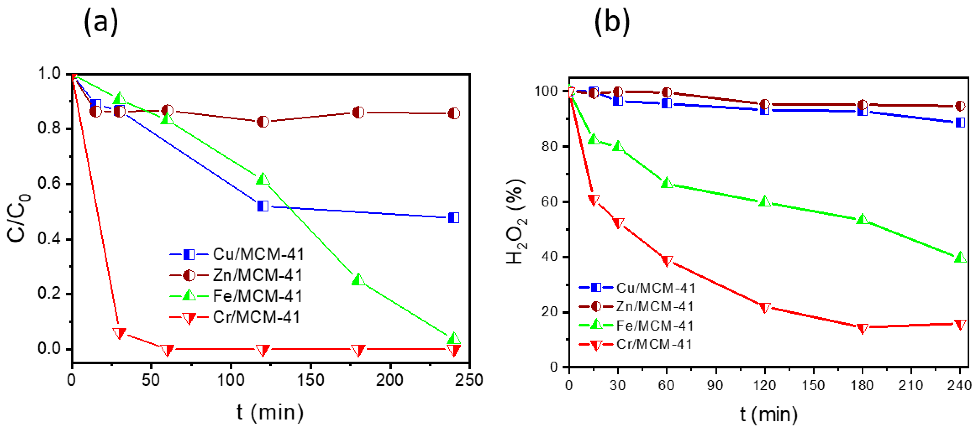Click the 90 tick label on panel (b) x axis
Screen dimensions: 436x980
(x=715, y=385)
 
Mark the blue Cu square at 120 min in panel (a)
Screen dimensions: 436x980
(x=263, y=206)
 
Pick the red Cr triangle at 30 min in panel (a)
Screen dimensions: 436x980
(x=120, y=333)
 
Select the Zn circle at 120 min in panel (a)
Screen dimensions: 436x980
(x=263, y=122)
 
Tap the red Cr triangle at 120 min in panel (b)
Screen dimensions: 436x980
(x=765, y=307)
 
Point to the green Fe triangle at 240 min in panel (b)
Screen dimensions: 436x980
(x=960, y=257)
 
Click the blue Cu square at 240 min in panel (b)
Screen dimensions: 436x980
(x=960, y=123)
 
